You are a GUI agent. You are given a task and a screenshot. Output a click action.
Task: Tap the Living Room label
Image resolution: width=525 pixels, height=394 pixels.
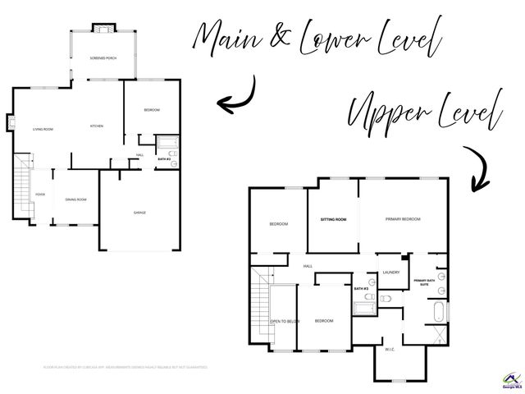43,129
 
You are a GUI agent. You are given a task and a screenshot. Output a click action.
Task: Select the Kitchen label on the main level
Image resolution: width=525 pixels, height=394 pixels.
96,126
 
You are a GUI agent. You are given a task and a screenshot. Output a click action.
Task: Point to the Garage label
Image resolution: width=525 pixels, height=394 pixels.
140,213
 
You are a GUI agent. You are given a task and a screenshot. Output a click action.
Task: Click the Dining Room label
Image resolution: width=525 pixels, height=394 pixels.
76,199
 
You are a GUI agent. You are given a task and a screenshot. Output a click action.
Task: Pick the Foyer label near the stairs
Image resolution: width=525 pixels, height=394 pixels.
39,195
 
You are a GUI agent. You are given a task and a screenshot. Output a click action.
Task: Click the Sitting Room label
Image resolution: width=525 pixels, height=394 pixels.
333,219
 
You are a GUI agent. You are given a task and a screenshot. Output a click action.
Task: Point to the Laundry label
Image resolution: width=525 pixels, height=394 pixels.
390,273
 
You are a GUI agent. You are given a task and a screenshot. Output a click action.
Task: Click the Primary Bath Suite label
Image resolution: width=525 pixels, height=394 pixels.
424,283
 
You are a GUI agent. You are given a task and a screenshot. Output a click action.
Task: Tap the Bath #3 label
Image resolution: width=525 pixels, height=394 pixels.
361,289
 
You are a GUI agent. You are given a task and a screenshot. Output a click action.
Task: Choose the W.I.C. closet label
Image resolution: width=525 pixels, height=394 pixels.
390,348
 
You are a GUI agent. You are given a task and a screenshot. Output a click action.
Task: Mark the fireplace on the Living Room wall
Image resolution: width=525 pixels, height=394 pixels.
11,123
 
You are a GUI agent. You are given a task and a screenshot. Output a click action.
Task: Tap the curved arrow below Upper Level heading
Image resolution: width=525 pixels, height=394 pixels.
476,168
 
